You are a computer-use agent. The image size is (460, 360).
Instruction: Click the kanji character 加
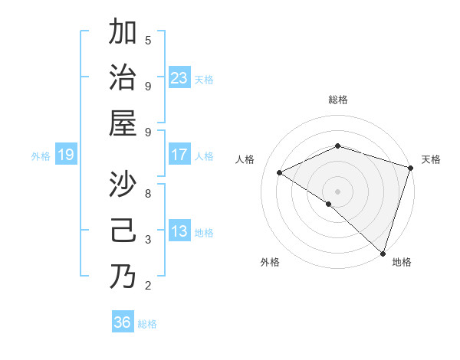coord(123,34)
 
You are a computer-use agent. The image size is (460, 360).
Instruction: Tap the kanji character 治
coord(123,79)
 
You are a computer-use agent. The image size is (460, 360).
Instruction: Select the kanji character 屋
coord(123,124)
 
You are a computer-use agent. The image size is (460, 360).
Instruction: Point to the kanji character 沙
coord(123,186)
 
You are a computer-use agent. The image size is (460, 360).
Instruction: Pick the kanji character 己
coord(123,231)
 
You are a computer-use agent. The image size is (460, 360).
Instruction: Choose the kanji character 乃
coord(123,277)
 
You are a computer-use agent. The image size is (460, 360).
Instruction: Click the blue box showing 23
coord(179,78)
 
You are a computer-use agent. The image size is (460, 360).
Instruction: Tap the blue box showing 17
coord(179,155)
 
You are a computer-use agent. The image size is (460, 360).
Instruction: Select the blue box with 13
coord(179,231)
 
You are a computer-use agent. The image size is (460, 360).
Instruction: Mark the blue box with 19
coord(66,155)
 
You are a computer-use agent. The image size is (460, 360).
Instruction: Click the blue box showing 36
coord(123,322)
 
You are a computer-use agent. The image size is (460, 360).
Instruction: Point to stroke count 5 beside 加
coord(148,40)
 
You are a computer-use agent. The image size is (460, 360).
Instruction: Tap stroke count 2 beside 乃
coord(148,286)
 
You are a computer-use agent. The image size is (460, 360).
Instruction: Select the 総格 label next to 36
coord(147,324)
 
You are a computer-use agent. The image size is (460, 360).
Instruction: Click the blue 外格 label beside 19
coord(41,156)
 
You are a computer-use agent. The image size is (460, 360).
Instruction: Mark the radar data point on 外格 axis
coord(329,204)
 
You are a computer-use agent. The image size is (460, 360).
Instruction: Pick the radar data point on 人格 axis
coord(280,173)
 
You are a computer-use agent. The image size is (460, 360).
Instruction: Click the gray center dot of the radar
coord(337,191)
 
